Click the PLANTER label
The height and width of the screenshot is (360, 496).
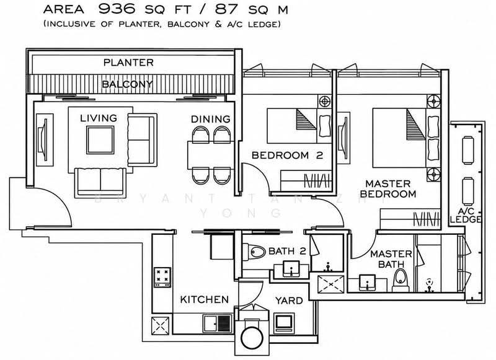128,63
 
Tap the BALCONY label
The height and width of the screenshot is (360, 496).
128,84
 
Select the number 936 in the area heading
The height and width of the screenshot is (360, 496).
117,9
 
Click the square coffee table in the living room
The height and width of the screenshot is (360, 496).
100,139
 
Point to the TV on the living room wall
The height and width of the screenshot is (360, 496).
43,139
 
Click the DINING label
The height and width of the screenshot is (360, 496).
211,119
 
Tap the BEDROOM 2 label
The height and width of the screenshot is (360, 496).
287,155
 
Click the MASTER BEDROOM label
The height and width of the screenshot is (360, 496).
388,189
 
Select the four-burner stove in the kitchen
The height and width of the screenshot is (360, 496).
162,277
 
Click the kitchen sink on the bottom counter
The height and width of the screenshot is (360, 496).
218,323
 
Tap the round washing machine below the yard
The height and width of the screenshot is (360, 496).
252,337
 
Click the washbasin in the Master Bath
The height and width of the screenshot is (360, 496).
367,283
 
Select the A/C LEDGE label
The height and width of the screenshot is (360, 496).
466,215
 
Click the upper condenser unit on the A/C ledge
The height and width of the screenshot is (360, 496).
469,150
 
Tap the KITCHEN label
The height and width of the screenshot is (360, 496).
205,299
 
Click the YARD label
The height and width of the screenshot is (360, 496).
289,301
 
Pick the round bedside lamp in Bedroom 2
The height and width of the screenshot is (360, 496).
324,102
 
